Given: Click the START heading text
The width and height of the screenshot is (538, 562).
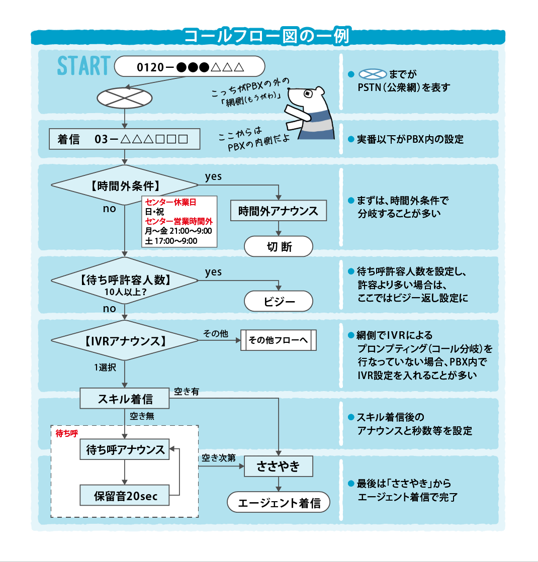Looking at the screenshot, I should click(x=83, y=65).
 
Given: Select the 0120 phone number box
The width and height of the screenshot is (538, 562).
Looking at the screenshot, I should click(x=190, y=66).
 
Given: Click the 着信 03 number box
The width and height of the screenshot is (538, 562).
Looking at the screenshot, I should click(x=124, y=139).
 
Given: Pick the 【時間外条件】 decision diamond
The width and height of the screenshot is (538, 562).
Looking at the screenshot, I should click(x=125, y=185).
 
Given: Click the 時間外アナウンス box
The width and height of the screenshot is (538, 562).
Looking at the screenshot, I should click(x=279, y=211).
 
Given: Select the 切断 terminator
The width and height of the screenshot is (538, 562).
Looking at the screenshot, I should click(x=279, y=247).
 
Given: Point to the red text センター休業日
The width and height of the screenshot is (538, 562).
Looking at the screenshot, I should click(x=170, y=203).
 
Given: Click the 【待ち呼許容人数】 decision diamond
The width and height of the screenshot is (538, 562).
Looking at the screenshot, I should click(x=125, y=280).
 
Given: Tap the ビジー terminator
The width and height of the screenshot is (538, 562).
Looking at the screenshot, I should click(x=279, y=302).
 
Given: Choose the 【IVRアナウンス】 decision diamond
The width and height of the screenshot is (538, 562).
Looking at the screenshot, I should click(x=125, y=341).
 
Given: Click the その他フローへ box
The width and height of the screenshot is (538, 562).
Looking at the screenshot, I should click(x=279, y=340).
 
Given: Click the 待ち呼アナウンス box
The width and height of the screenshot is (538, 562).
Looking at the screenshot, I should click(x=125, y=450).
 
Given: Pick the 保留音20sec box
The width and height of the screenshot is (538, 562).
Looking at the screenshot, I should click(x=125, y=496).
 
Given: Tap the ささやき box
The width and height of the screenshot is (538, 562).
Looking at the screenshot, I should click(x=279, y=466).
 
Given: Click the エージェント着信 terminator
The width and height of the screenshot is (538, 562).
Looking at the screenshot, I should click(x=279, y=503).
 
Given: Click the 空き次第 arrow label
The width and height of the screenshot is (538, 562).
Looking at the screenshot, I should click(x=219, y=458).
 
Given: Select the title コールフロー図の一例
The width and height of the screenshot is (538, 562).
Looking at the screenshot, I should click(x=266, y=36).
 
